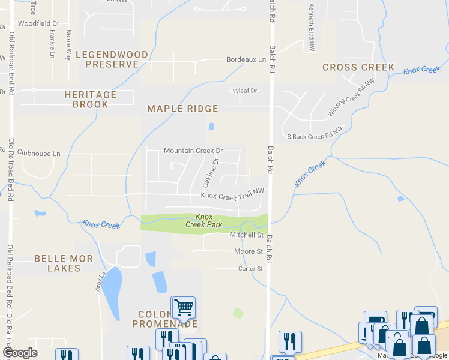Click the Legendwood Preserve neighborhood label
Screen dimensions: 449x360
116,59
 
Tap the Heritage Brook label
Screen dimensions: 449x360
90,100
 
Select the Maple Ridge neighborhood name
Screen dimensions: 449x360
182,108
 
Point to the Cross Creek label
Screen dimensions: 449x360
358,67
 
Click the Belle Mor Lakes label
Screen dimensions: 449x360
64,263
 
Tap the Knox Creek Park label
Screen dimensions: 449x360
204,221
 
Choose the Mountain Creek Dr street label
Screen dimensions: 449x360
193,151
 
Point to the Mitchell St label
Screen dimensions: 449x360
247,235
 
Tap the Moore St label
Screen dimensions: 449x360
249,251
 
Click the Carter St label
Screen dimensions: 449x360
250,269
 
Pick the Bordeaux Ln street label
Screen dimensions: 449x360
246,60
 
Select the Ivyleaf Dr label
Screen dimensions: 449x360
244,91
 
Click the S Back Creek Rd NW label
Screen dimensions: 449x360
315,137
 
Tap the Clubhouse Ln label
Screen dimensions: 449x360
39,154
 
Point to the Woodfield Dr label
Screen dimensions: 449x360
37,23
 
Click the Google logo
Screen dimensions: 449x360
20,353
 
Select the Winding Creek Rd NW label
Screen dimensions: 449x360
351,98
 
